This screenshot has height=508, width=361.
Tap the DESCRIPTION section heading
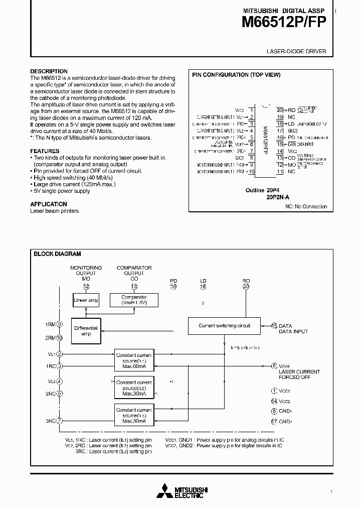tap(49, 71)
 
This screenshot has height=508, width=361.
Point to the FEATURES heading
tap(45, 151)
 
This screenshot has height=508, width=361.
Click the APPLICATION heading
tap(49, 204)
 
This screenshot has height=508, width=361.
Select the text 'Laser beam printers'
tap(54, 211)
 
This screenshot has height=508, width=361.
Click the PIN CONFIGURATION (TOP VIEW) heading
tap(236, 75)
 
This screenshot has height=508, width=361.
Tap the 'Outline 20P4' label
tap(261, 190)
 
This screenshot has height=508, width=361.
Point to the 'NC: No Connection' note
tap(306, 206)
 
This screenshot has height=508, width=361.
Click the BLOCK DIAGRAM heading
tap(57, 254)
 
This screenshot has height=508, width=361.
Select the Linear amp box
tap(86, 300)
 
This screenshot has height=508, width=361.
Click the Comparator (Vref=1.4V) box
tap(134, 300)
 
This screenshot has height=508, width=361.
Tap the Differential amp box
tap(86, 331)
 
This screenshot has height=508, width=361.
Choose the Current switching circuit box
tap(224, 326)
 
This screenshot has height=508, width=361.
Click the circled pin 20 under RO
tap(246, 287)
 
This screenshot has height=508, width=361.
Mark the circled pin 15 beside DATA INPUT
tap(274, 326)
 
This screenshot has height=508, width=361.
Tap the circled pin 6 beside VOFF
tap(274, 366)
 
